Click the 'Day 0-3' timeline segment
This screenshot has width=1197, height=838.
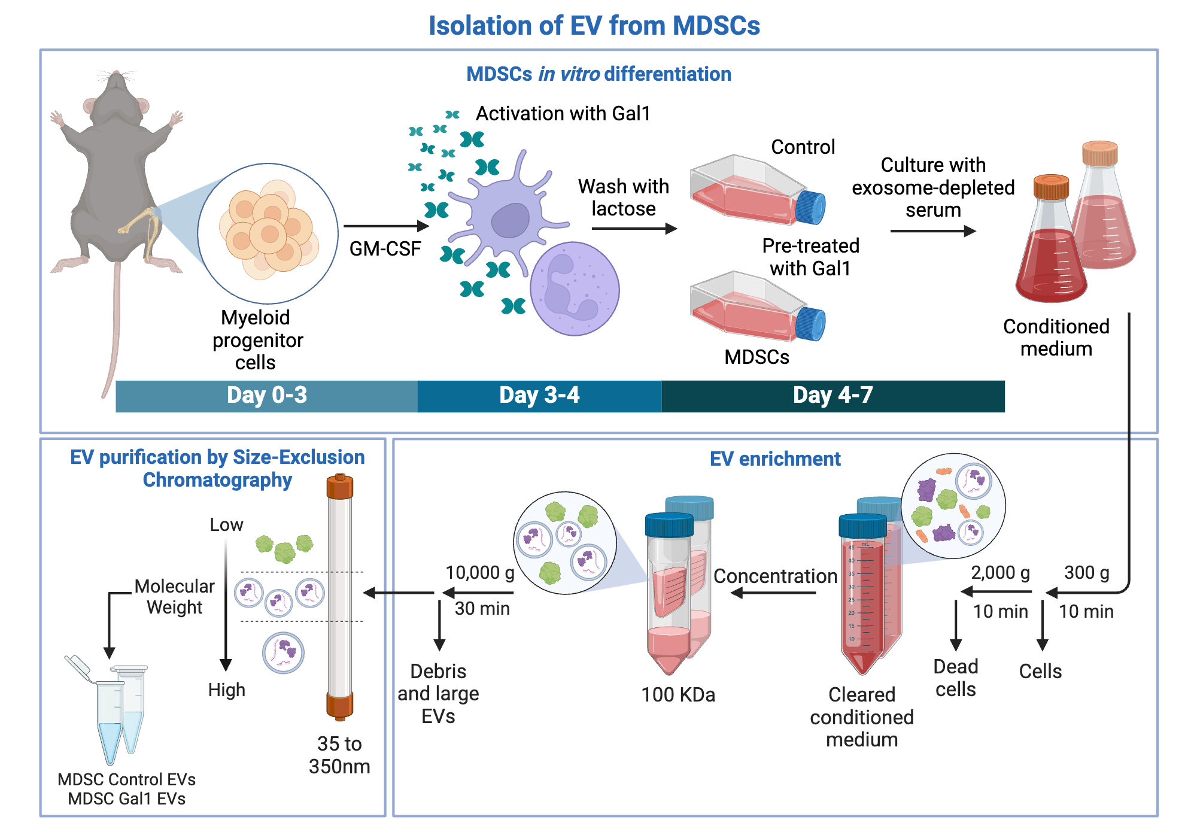point(266,396)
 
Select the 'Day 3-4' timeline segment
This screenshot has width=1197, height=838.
point(539,396)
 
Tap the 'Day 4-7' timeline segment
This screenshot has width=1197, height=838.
point(833,396)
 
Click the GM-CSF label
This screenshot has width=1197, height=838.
point(385,248)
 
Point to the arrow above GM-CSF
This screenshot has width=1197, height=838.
point(386,226)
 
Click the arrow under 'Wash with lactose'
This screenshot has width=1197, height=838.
point(634,228)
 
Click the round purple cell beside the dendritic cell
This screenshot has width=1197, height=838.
point(574,289)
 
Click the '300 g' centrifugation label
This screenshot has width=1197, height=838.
point(1086,573)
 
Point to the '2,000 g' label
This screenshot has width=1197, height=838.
point(1000,573)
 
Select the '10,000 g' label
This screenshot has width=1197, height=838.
point(480,573)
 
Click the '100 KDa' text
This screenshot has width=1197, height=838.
point(678,695)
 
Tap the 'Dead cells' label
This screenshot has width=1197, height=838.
point(956,678)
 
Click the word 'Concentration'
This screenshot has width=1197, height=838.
point(775,576)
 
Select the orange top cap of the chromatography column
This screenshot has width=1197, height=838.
point(340,487)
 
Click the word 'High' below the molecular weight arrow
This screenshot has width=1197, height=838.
point(227,690)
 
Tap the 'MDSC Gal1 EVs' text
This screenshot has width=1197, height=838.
point(126,799)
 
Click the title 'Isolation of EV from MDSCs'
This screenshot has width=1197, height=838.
point(594,26)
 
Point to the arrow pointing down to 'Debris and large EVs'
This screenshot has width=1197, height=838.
point(439,626)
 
